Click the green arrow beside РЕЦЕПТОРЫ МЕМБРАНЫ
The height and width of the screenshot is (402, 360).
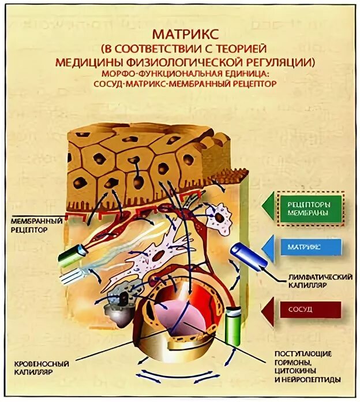pyautogui.click(x=268, y=207)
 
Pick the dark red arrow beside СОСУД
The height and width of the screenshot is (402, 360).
pyautogui.click(x=268, y=310)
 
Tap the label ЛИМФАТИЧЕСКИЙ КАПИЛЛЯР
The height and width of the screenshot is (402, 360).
pyautogui.click(x=319, y=281)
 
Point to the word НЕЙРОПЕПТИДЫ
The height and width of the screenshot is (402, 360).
pyautogui.click(x=306, y=380)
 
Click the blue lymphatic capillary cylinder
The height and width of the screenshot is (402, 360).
pyautogui.click(x=247, y=258)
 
